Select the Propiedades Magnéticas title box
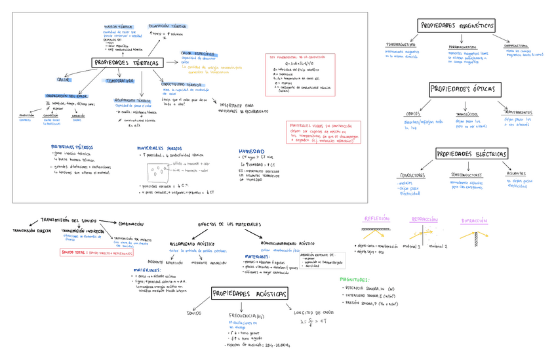pos(456,25)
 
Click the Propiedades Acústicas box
pos(248,294)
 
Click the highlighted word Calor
pos(64,80)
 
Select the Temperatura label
pos(120,81)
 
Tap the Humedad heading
pos(251,151)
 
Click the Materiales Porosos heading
pos(160,148)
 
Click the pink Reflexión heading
pos(377,218)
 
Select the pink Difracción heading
pos(474,221)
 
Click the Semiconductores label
pos(467,175)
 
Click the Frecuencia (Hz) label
pos(247,316)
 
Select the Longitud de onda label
pos(314,312)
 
